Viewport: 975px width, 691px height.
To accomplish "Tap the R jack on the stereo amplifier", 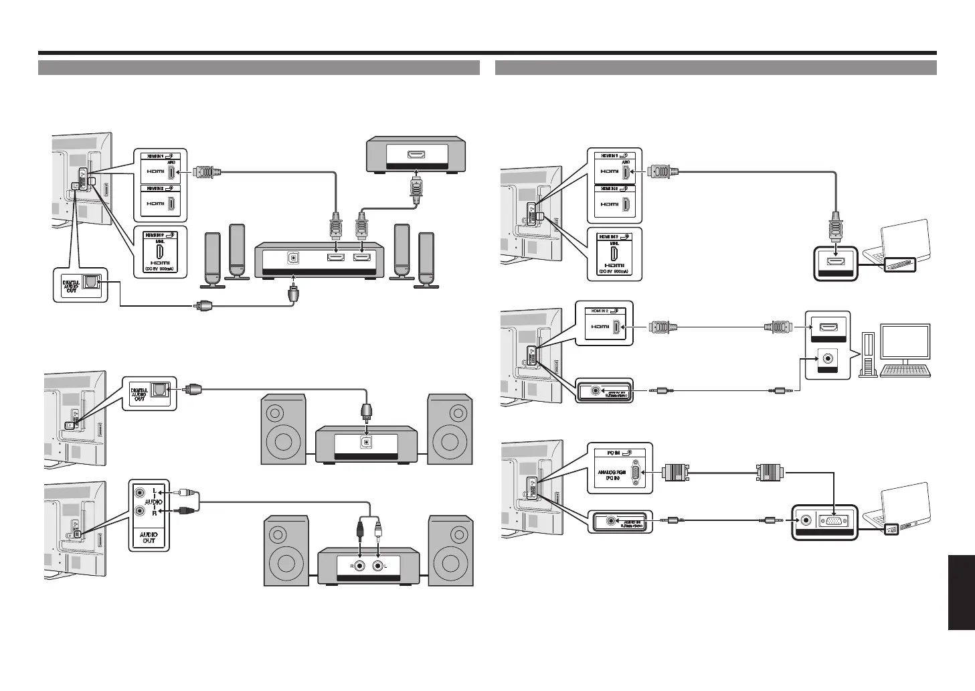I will tap(361, 565).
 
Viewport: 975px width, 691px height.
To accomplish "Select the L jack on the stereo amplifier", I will tap(379, 565).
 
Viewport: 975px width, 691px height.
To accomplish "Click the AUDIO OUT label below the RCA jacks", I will tap(148, 538).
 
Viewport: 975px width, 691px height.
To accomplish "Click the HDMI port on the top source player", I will tap(416, 155).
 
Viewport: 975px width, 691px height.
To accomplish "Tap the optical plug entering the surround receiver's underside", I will tap(293, 293).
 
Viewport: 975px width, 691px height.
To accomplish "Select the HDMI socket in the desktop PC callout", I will tap(827, 328).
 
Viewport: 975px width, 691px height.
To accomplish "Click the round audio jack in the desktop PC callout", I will tap(828, 358).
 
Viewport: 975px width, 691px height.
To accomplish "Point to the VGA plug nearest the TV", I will tap(675, 473).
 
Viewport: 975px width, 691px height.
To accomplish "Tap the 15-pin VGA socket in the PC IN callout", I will tap(633, 472).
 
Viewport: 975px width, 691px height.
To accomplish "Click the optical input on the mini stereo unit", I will tap(365, 442).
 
